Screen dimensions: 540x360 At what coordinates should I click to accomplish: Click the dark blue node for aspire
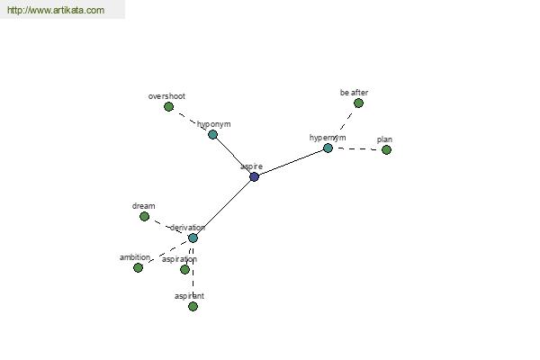(254, 176)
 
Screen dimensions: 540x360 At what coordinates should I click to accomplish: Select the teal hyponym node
(212, 134)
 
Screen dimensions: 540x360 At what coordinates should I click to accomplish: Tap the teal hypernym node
(328, 148)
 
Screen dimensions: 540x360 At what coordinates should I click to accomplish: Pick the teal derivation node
(193, 238)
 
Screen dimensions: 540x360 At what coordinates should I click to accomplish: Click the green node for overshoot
(169, 107)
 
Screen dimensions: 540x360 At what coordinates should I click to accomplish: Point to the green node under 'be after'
(358, 103)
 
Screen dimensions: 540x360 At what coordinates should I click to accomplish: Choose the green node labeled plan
(386, 150)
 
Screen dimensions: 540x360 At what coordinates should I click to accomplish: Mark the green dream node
(145, 216)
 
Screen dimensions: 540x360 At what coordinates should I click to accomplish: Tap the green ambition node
(138, 267)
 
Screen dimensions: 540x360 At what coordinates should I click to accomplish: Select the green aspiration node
(184, 269)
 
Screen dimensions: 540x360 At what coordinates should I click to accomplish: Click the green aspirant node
(193, 306)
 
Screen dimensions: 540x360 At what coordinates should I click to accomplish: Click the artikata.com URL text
(56, 10)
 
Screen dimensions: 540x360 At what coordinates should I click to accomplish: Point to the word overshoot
(166, 96)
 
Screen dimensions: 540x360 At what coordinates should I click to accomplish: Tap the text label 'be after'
(354, 93)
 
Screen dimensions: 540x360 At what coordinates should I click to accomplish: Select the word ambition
(135, 257)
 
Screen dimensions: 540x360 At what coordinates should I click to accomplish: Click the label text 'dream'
(144, 206)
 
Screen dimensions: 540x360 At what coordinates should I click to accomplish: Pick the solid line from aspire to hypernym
(291, 163)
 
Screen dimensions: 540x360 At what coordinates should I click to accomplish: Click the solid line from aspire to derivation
(223, 207)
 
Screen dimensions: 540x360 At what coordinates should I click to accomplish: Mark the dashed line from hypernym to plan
(357, 148)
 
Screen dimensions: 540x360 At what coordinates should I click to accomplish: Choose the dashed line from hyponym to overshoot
(191, 121)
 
